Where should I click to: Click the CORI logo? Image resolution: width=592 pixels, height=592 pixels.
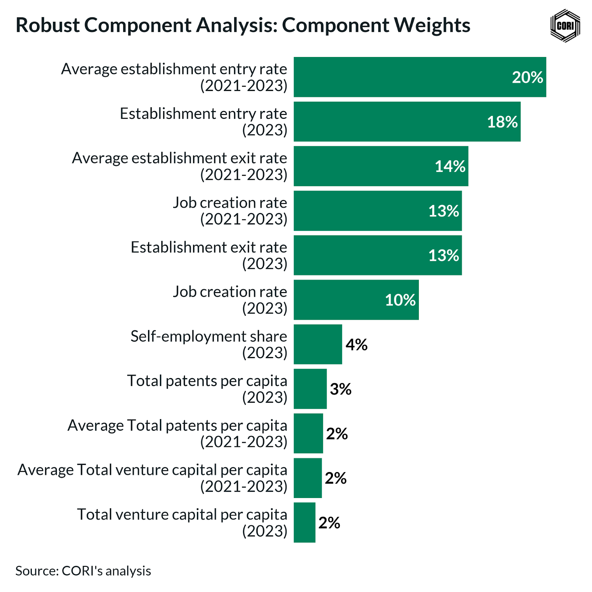point(565,26)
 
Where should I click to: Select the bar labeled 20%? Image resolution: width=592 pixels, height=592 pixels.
point(420,77)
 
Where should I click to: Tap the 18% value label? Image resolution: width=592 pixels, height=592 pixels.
point(502,122)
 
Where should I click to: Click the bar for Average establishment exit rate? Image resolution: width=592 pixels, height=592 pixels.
point(381,166)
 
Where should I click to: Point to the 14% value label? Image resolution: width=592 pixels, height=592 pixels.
point(450,166)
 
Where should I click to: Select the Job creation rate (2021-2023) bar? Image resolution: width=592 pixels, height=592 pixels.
point(377,211)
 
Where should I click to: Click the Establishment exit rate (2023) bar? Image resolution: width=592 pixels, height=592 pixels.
point(377,255)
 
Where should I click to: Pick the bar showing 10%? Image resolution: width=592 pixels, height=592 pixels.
point(356,300)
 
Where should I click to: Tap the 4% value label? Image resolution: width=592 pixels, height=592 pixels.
point(356,344)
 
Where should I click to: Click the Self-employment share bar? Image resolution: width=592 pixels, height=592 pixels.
point(318,344)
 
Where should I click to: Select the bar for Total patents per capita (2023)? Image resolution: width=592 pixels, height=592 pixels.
point(310,389)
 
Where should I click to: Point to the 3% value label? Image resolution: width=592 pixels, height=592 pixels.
point(340,389)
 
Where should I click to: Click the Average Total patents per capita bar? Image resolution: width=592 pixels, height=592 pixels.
point(308,433)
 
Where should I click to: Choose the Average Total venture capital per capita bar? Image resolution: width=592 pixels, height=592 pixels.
point(307,478)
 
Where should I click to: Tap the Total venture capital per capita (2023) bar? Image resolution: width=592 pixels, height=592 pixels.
point(305,522)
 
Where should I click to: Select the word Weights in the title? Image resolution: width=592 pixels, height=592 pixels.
point(432,25)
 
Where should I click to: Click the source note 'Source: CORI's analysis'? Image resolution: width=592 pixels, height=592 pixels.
point(83,571)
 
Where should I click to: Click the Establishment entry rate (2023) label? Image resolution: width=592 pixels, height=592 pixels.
point(203,122)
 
